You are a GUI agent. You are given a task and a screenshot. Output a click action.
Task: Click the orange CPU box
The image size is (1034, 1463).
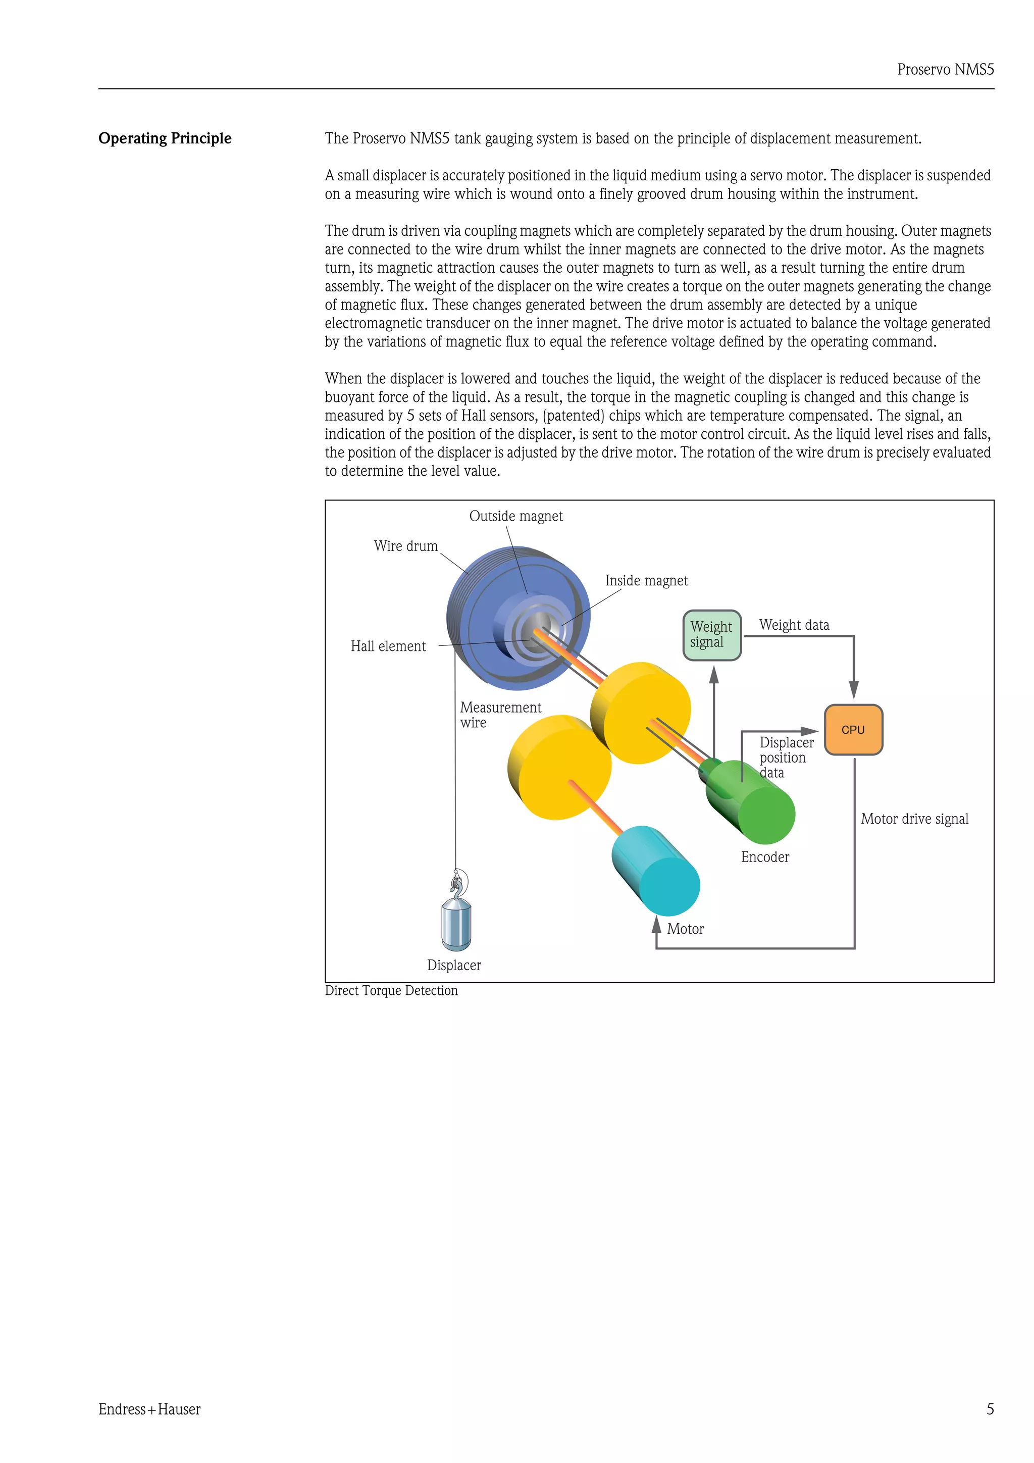point(853,730)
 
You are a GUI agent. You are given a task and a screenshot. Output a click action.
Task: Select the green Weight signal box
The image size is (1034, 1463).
point(711,635)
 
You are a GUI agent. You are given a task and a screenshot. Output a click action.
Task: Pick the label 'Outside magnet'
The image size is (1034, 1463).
point(515,516)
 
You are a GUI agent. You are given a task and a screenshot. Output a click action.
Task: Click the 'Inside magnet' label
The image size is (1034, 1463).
point(646,580)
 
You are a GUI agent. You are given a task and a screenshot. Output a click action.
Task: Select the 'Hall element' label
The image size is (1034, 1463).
point(388,646)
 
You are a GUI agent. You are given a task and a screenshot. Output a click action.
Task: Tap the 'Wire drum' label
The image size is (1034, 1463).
point(406,546)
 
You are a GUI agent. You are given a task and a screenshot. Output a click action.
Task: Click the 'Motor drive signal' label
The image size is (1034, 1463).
point(914,819)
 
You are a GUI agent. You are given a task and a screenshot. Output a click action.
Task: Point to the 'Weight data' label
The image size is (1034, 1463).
point(794,625)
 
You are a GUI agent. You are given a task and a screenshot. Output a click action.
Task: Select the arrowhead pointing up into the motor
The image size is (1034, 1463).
point(657,925)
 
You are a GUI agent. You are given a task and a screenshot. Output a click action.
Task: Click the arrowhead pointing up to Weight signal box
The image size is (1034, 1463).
point(714,674)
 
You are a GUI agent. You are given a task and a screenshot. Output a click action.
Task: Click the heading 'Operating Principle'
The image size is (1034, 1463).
point(165,138)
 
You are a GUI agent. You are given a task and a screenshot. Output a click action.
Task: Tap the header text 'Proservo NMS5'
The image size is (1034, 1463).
point(946,70)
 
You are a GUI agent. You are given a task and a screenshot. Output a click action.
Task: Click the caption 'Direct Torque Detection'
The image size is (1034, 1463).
point(391,990)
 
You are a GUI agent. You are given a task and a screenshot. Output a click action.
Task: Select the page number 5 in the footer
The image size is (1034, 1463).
point(990,1409)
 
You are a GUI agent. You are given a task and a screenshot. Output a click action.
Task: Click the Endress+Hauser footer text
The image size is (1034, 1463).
point(150,1409)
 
